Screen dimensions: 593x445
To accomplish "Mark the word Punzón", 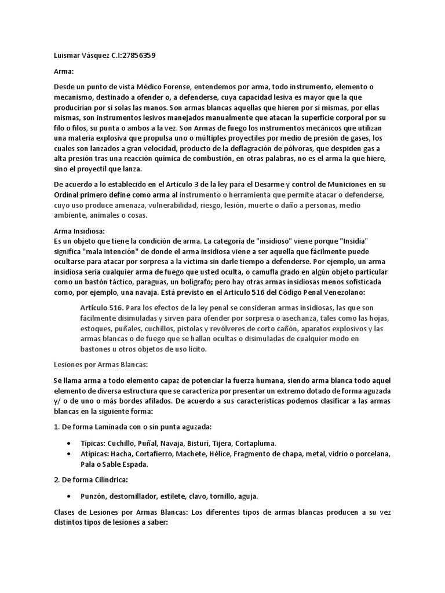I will pos(94,496).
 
